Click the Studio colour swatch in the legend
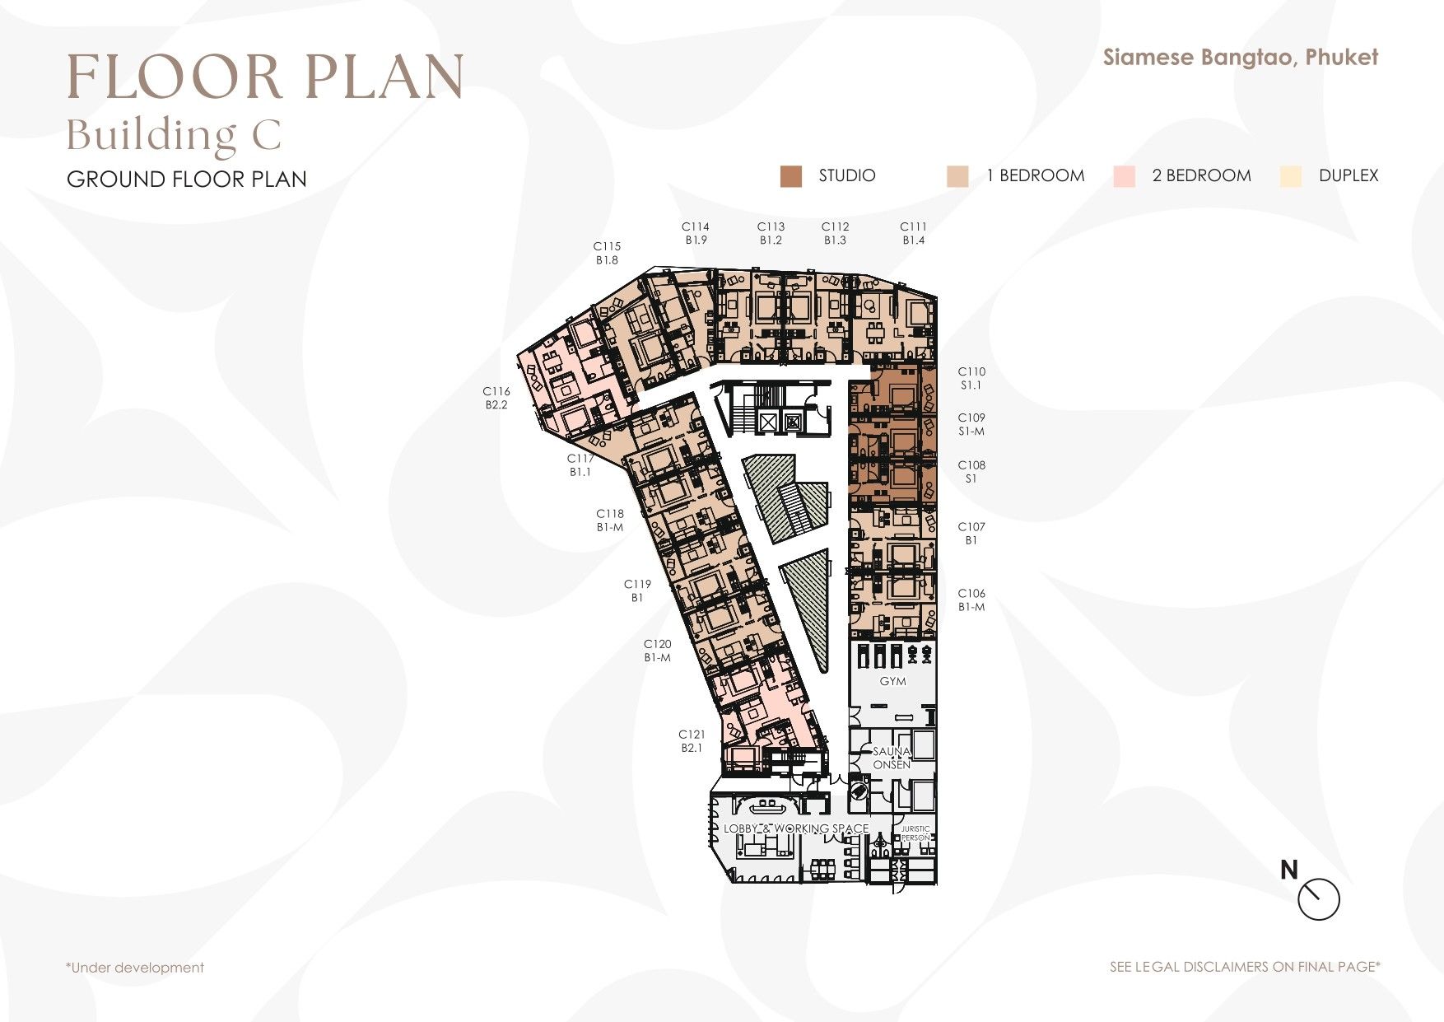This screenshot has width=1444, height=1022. tap(790, 176)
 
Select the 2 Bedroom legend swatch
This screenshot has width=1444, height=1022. tap(1124, 176)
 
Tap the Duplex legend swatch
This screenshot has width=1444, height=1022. tap(1291, 176)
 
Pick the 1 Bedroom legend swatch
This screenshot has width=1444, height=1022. tap(957, 176)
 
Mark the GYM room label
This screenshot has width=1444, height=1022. tap(892, 681)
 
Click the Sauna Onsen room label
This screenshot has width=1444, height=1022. tap(892, 758)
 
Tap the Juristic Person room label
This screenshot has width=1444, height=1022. tap(915, 833)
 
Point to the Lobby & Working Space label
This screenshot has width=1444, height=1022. tap(796, 828)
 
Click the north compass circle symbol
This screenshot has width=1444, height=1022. tap(1319, 900)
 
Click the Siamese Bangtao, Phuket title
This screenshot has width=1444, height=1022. tap(1241, 57)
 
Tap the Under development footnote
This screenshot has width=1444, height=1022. tap(135, 968)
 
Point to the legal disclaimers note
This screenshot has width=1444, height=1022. tap(1245, 967)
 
